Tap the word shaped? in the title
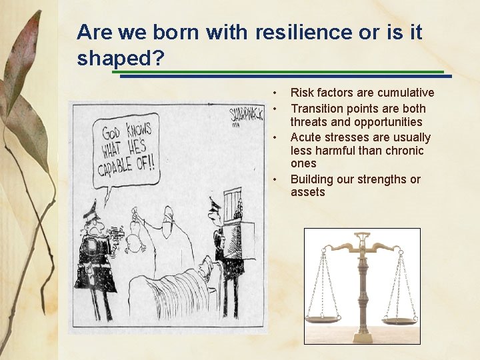pyautogui.click(x=121, y=59)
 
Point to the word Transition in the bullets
pyautogui.click(x=320, y=108)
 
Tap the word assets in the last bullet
pyautogui.click(x=307, y=192)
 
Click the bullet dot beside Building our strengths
pyautogui.click(x=274, y=179)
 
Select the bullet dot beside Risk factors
pyautogui.click(x=274, y=93)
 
